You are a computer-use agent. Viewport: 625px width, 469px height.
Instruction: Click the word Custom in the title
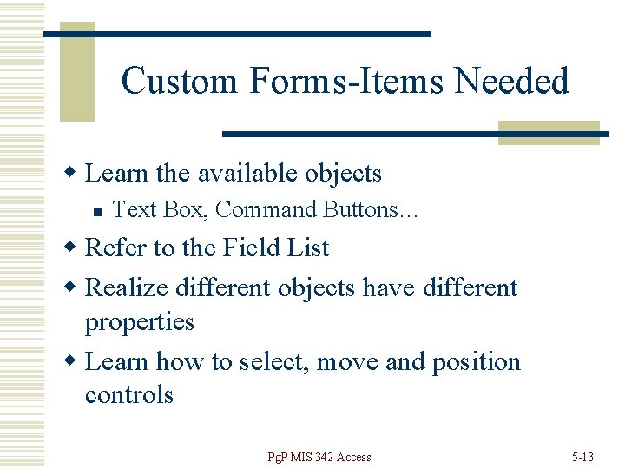pos(180,81)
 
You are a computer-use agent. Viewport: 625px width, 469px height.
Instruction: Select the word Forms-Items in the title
pos(350,81)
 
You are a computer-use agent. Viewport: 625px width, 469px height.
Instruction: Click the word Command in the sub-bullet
pos(266,209)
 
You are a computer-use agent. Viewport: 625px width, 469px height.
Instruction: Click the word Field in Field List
pos(250,248)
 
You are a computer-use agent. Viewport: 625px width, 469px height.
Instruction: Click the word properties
pos(139,321)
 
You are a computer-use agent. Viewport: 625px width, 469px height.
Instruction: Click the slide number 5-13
pos(582,457)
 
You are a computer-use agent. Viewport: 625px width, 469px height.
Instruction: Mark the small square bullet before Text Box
pos(102,210)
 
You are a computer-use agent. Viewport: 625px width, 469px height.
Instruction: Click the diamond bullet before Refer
pos(75,248)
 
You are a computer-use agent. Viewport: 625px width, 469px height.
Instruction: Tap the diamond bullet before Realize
pos(75,287)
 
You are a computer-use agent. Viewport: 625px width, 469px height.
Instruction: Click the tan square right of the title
pos(549,132)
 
